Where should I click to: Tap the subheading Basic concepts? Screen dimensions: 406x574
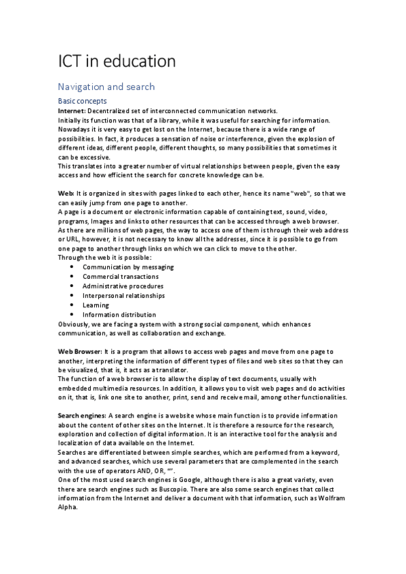click(x=82, y=101)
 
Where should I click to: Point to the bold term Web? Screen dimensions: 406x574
click(x=66, y=194)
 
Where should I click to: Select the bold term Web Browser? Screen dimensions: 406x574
click(x=81, y=352)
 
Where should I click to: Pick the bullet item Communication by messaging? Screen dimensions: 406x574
click(x=128, y=267)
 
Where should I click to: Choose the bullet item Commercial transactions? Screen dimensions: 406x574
click(x=121, y=276)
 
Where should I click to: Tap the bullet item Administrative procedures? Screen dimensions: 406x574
click(x=123, y=286)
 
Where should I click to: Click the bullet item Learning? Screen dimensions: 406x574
click(x=96, y=305)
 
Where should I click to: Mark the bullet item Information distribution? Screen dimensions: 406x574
click(x=119, y=314)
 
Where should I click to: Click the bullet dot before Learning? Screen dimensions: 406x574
click(x=73, y=305)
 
